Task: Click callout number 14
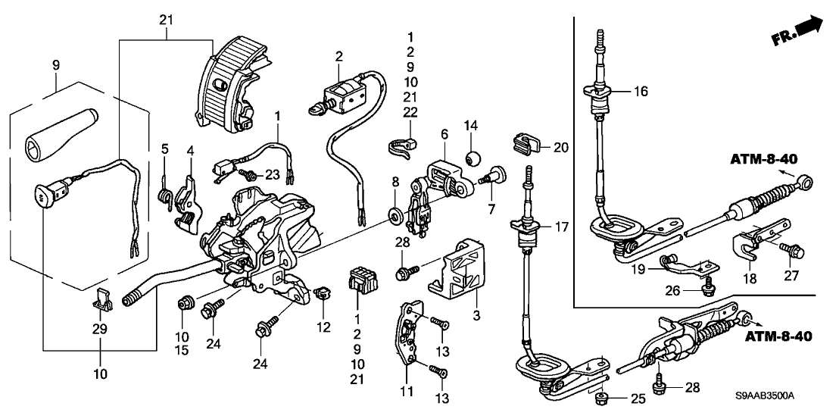point(470,125)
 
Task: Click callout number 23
point(272,175)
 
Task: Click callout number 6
point(444,133)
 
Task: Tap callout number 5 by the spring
point(166,149)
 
